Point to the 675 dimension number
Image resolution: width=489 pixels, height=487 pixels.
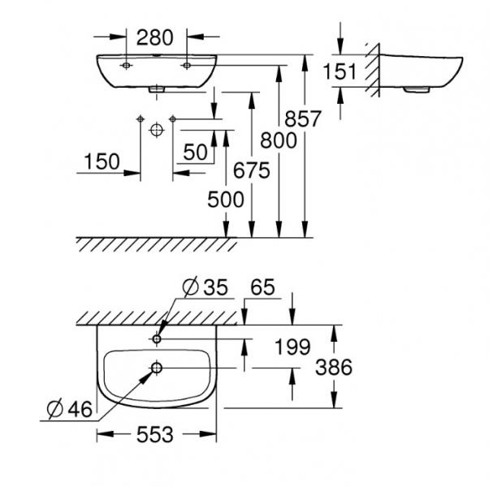236,170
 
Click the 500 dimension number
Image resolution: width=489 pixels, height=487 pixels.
225,199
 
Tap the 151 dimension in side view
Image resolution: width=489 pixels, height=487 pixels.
340,72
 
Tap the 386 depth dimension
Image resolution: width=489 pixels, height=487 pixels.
334,367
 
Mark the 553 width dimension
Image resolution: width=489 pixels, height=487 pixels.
154,435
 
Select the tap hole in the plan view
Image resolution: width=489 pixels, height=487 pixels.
157,337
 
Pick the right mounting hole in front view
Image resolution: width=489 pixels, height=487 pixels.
187,64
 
